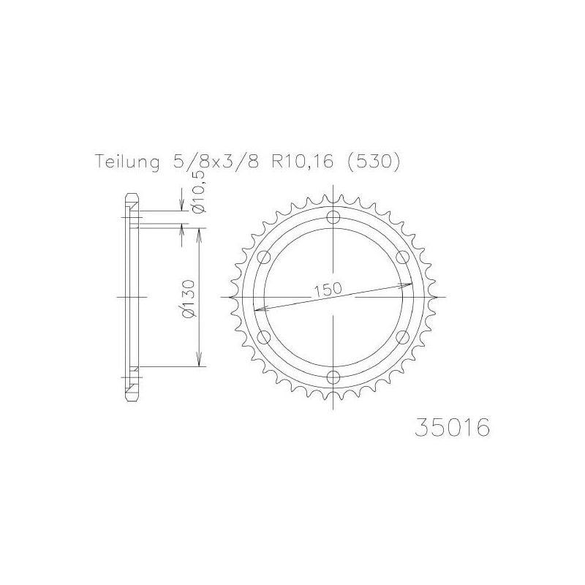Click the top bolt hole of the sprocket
(334, 217)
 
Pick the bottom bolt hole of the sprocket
(334, 377)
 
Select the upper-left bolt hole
(265, 257)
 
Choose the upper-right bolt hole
(403, 257)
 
